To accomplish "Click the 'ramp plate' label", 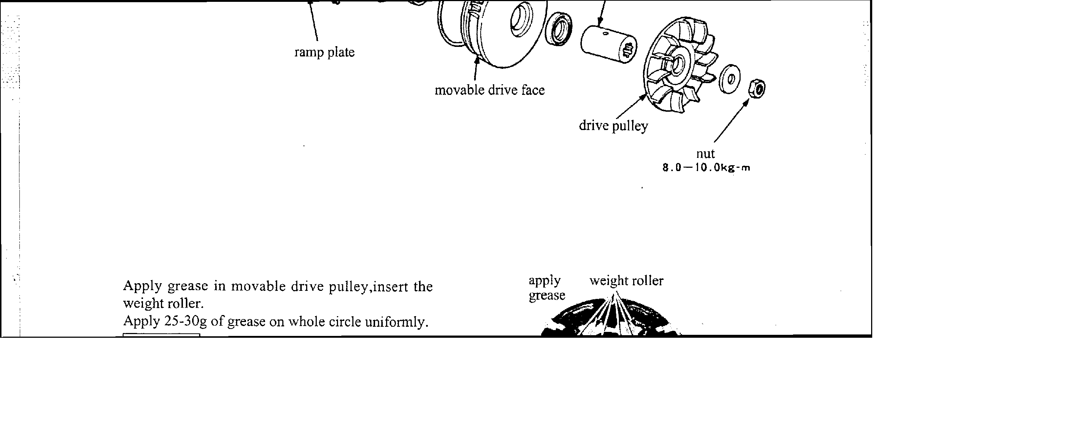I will pyautogui.click(x=324, y=52).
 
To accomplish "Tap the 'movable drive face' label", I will pyautogui.click(x=489, y=90).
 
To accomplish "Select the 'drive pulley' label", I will pyautogui.click(x=613, y=126).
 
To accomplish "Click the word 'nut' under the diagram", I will pyautogui.click(x=705, y=153).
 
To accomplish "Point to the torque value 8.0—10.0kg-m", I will pyautogui.click(x=706, y=168).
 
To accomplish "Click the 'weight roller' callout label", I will pyautogui.click(x=626, y=281).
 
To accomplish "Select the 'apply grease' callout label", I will pyautogui.click(x=546, y=288).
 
